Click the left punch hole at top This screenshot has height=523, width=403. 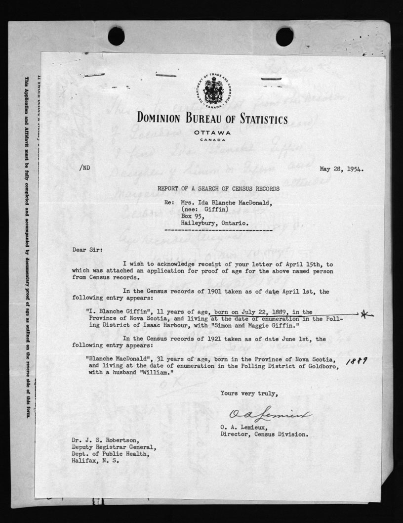tap(116, 36)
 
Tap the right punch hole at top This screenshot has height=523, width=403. tap(284, 36)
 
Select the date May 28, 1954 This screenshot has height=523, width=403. tap(342, 169)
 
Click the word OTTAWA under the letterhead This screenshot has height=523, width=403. tap(213, 132)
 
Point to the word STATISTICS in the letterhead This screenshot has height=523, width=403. tap(257, 119)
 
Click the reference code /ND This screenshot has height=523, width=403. tap(84, 168)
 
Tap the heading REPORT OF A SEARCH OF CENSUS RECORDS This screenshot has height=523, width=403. tap(218, 188)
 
